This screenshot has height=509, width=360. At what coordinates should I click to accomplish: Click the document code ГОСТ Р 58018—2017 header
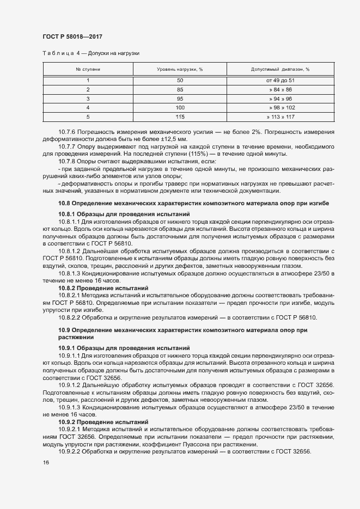click(x=72, y=37)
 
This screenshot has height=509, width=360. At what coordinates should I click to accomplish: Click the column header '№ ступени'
click(x=88, y=70)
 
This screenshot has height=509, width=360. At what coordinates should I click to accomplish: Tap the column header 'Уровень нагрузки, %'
click(x=180, y=70)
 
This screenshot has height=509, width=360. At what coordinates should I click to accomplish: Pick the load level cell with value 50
click(x=180, y=80)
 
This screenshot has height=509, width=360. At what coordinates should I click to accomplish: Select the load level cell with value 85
click(x=180, y=89)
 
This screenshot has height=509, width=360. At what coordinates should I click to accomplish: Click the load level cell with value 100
click(x=180, y=108)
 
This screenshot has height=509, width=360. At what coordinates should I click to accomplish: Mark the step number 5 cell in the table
click(x=88, y=117)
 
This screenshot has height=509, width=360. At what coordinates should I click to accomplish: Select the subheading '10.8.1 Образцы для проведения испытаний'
click(x=124, y=214)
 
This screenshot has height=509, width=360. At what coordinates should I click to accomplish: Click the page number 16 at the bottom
click(x=46, y=462)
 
